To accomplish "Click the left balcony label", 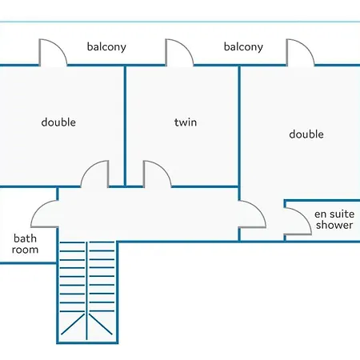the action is [106, 47].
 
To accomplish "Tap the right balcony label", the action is [243, 47].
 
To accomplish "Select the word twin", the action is [186, 122].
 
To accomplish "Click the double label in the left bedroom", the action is [58, 122].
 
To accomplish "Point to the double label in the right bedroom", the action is [306, 134].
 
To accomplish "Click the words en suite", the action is [334, 214].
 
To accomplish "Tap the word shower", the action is [334, 225].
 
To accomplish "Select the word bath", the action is [25, 238].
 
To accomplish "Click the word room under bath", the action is [25, 250].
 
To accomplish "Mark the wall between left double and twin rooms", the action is [125, 126].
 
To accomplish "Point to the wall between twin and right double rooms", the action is [239, 133].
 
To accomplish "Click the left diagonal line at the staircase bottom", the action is [73, 324].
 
